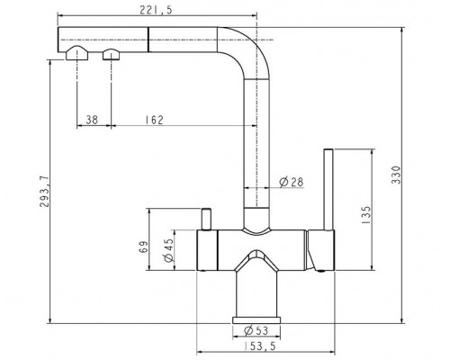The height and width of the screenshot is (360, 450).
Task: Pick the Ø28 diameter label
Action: click(291, 182)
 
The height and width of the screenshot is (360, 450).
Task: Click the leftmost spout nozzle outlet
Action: click(76, 56)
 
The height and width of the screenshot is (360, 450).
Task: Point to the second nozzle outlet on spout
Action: click(112, 56)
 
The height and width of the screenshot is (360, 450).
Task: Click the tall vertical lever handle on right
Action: click(332, 189)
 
